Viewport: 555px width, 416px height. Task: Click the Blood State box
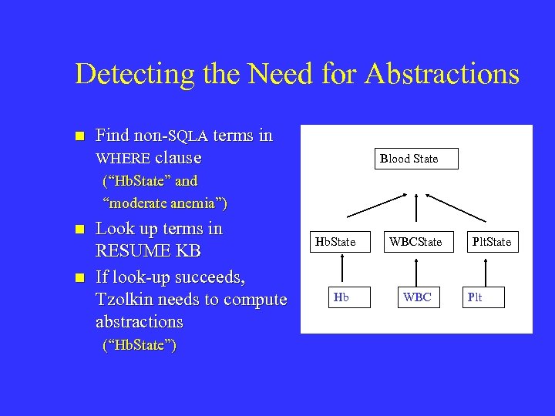point(409,159)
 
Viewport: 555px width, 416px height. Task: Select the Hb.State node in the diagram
point(335,242)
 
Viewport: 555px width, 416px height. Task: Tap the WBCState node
point(415,242)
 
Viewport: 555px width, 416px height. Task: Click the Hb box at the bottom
point(341,297)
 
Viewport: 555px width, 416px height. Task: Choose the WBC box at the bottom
point(417,297)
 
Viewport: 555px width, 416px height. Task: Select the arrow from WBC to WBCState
point(416,269)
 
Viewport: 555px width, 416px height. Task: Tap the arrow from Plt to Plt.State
point(484,269)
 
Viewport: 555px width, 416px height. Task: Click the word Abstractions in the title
point(442,74)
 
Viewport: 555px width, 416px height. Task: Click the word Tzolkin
point(126,299)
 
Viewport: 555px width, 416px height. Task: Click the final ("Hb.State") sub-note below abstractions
point(140,345)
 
